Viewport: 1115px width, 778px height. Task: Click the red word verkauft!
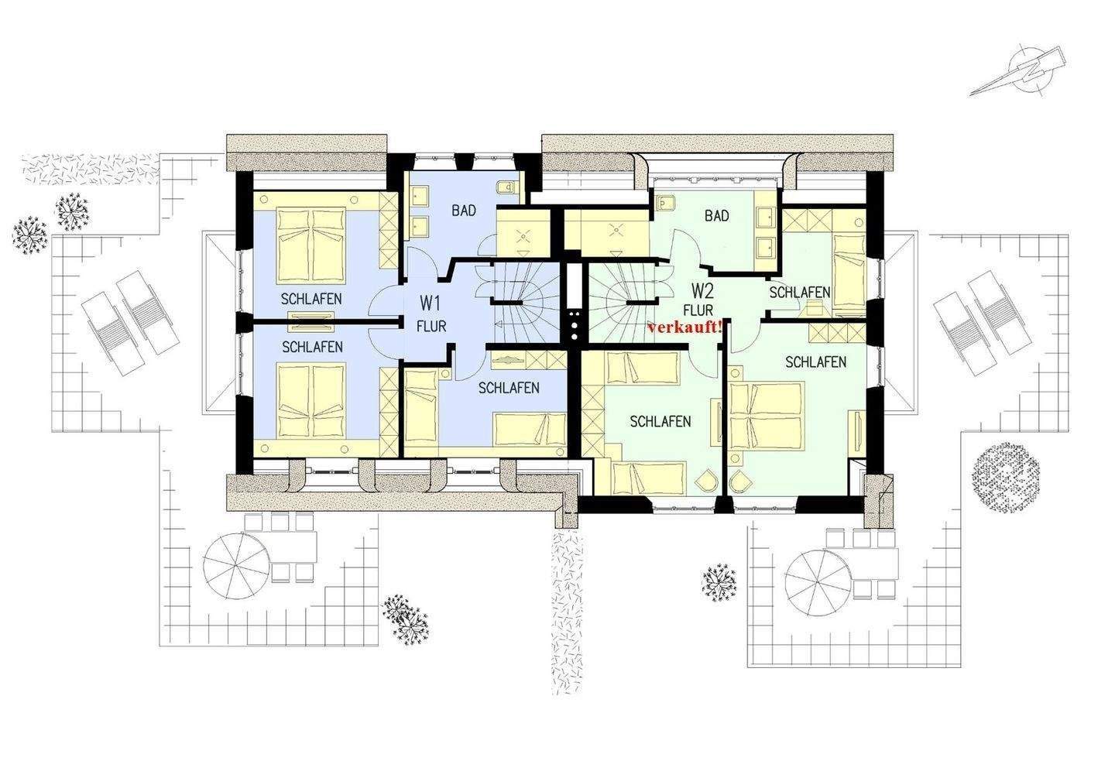(685, 327)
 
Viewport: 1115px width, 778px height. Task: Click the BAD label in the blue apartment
(463, 211)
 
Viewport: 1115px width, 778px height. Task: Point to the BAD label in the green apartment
(717, 215)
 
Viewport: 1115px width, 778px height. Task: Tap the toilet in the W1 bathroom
(506, 187)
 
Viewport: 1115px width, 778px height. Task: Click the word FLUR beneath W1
(431, 327)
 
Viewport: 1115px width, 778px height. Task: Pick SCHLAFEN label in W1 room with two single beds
(509, 388)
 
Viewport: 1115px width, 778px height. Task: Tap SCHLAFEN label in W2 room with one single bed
(799, 293)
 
